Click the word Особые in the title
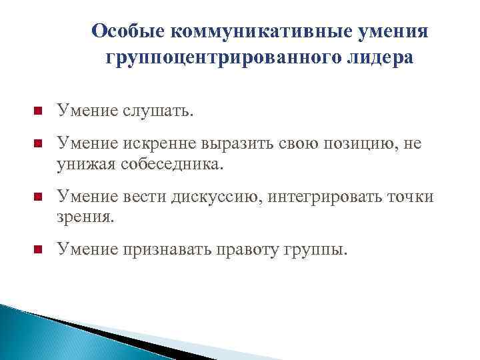pyautogui.click(x=127, y=32)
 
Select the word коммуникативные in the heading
pyautogui.click(x=257, y=32)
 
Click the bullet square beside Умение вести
pyautogui.click(x=37, y=197)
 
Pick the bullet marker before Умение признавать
pyautogui.click(x=37, y=250)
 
